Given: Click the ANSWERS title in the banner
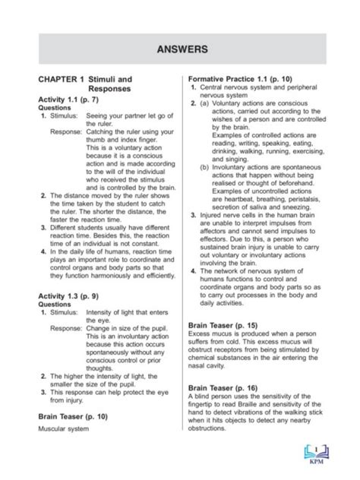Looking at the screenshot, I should tap(179, 49).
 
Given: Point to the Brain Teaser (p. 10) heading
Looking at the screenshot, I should tap(76, 417).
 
